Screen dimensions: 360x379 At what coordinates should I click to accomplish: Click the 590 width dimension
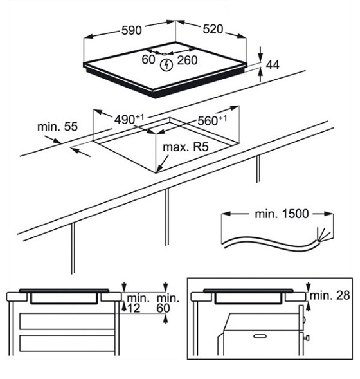(x=131, y=30)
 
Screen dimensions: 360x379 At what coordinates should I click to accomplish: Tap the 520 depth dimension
(x=213, y=29)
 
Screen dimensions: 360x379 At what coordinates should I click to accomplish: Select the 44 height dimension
(x=273, y=65)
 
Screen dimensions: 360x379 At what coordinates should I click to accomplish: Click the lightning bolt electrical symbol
(x=166, y=65)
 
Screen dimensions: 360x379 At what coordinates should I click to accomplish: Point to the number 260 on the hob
(x=187, y=60)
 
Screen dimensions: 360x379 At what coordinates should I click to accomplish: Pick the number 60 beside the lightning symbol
(x=148, y=60)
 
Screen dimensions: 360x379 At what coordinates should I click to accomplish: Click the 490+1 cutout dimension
(x=129, y=119)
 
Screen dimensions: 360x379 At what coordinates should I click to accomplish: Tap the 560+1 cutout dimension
(x=212, y=120)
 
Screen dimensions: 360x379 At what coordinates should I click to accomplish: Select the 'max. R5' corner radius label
(x=185, y=147)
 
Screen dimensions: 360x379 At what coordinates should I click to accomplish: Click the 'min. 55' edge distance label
(x=57, y=127)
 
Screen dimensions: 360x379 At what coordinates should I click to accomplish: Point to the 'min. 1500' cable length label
(x=282, y=214)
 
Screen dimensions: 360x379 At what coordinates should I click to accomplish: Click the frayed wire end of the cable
(x=323, y=235)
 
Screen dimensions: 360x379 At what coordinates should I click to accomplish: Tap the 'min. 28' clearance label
(x=330, y=295)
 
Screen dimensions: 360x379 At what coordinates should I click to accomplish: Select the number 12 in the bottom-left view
(x=134, y=308)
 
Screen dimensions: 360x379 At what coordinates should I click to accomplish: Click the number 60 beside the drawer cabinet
(x=163, y=308)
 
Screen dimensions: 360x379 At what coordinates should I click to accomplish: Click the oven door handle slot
(x=260, y=336)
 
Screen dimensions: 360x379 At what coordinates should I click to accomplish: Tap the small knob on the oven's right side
(x=307, y=338)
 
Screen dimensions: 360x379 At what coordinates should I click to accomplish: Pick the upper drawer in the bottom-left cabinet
(x=67, y=322)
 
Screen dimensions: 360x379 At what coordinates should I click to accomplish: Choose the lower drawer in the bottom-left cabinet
(x=67, y=343)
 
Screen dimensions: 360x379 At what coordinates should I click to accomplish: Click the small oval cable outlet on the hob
(x=164, y=53)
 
